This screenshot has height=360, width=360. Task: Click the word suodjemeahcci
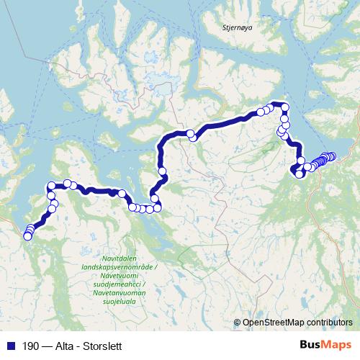(119, 284)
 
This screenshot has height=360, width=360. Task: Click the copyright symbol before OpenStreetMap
(238, 323)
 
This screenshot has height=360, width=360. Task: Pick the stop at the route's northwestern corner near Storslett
(51, 187)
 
